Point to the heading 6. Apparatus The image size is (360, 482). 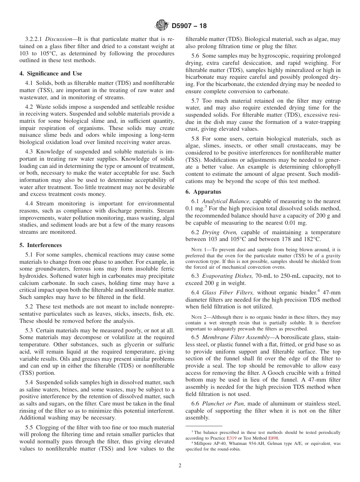pyautogui.click(x=203, y=192)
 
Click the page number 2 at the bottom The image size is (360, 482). pyautogui.click(x=180, y=466)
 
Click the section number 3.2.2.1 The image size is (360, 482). pyautogui.click(x=34, y=39)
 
